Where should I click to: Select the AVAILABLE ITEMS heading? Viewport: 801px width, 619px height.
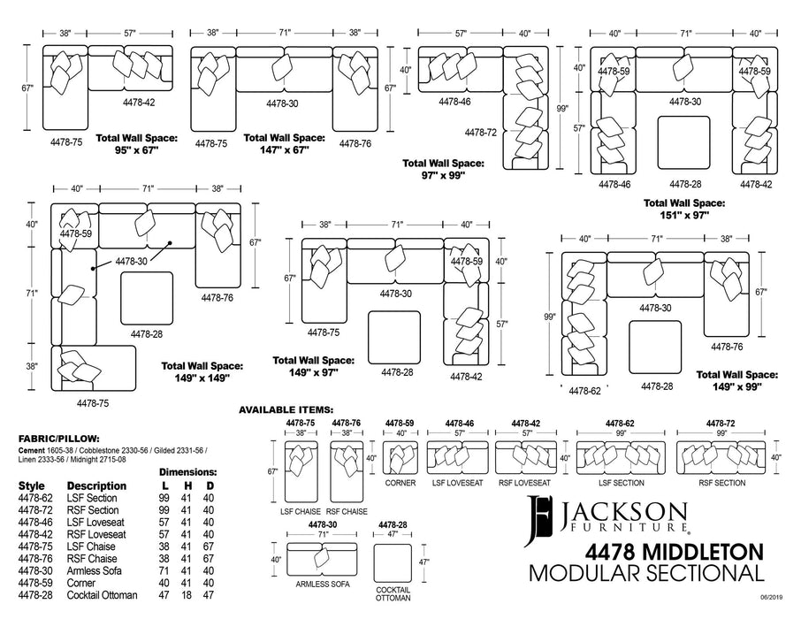(x=286, y=410)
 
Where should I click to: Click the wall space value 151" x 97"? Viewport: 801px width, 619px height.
(x=684, y=214)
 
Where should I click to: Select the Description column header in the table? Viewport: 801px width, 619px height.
(x=96, y=486)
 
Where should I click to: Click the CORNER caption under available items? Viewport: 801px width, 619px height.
(x=400, y=484)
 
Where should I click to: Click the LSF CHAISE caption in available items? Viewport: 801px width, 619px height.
(x=300, y=512)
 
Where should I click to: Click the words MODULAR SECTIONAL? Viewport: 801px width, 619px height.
(x=645, y=574)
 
